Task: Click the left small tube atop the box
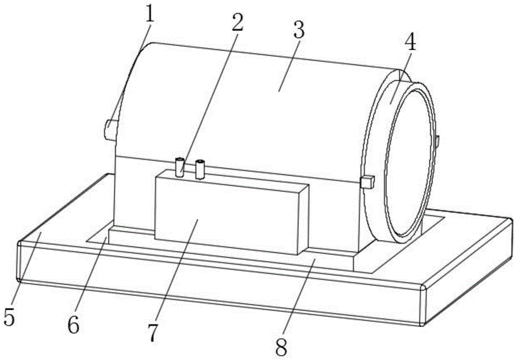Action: [x=180, y=167]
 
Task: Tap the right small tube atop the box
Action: [x=200, y=169]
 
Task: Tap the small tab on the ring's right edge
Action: [x=437, y=141]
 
